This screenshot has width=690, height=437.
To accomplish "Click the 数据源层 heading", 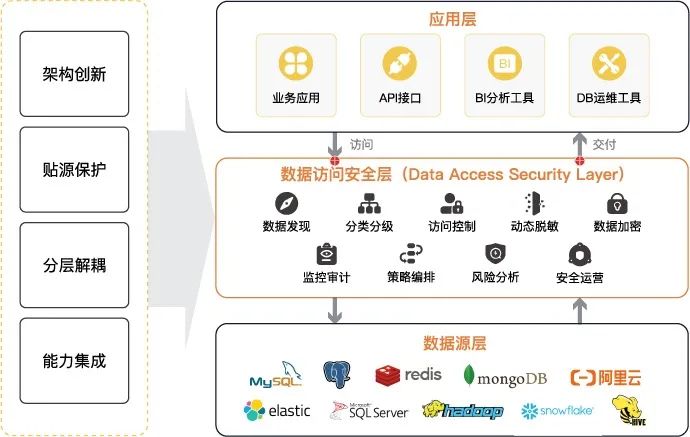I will [452, 344].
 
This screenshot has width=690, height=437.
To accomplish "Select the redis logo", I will [407, 376].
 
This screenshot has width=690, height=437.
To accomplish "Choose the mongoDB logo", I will [503, 376].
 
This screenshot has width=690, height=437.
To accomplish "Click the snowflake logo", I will [557, 410].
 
